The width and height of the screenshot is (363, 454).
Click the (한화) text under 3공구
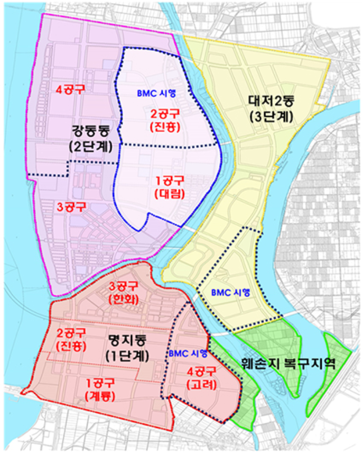[x=123, y=299]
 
